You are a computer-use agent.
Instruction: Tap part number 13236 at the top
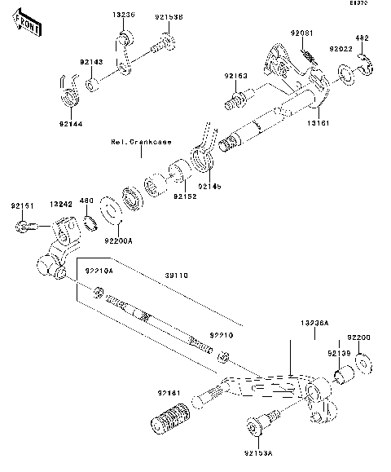pos(123,15)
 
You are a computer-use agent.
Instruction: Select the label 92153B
pos(169,15)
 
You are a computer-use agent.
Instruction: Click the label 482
pos(363,38)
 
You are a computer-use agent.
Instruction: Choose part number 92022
pos(340,49)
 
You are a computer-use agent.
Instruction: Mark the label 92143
pos(90,61)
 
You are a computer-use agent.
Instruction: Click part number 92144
pos(70,124)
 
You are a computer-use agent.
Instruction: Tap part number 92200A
pos(118,241)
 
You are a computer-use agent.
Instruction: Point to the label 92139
pos(338,353)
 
